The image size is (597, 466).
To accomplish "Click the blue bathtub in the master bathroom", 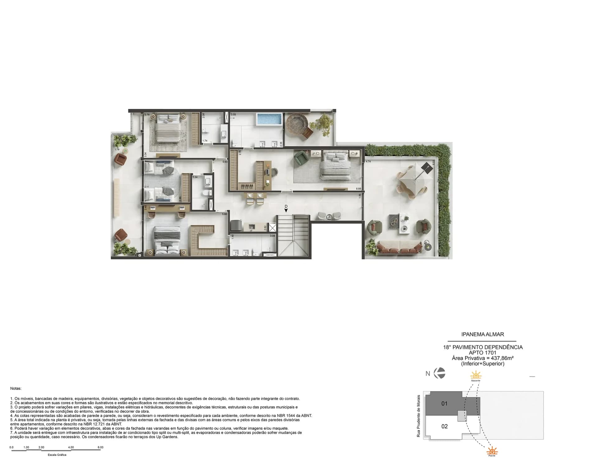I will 269,119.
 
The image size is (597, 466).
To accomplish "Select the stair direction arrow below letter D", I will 286,211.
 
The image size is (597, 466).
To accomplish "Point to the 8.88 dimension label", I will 359,189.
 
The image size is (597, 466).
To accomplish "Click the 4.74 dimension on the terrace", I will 368,162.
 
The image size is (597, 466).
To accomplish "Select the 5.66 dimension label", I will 224,214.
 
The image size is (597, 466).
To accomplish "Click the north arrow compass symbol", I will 439,373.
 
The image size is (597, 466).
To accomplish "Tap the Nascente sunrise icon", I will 475,375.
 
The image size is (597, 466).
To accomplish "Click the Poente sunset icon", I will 492,451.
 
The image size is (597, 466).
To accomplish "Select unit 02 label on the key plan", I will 444,426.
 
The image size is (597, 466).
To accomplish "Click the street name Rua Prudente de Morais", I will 419,416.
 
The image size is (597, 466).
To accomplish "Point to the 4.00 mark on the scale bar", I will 71,447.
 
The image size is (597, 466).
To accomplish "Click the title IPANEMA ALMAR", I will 483,334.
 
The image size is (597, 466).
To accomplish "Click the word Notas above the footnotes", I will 16,389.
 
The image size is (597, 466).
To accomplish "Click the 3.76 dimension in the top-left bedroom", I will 147,115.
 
